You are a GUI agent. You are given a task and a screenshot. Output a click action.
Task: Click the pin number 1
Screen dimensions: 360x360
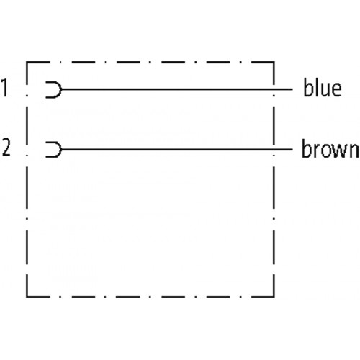(x=5, y=87)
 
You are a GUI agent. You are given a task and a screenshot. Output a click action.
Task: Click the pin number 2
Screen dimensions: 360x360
(x=6, y=147)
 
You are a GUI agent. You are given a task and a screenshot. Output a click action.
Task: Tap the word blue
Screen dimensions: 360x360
(x=323, y=87)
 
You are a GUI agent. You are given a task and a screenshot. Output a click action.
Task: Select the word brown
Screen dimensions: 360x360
(x=330, y=148)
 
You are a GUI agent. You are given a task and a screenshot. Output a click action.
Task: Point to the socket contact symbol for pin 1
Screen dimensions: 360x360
(x=61, y=89)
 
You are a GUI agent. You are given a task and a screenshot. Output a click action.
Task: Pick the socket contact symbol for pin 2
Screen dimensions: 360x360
(x=61, y=150)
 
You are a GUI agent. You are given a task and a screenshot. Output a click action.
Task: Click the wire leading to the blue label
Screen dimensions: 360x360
(x=177, y=89)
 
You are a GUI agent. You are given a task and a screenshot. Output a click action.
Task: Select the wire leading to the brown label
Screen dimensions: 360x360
(x=177, y=150)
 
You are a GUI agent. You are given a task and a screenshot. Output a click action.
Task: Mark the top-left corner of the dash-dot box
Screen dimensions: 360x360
(x=27, y=63)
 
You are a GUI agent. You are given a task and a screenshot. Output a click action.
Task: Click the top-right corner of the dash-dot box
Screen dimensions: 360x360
(x=274, y=63)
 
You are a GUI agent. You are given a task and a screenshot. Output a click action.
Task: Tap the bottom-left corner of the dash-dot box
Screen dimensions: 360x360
(x=27, y=297)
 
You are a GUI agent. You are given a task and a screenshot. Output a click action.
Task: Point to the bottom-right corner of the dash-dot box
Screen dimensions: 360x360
(x=274, y=297)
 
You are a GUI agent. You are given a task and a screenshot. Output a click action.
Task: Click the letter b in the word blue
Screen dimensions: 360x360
(x=308, y=87)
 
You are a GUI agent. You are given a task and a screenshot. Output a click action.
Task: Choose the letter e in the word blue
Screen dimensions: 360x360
(x=336, y=89)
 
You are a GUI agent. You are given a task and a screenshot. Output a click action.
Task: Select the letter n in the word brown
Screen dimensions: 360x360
(x=354, y=150)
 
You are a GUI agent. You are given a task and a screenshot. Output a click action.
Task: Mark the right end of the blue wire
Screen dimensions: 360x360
(x=292, y=89)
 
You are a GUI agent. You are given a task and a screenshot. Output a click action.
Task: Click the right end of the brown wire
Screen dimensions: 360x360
(x=292, y=150)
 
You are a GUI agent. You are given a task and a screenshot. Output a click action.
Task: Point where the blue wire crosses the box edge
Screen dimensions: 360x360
(x=274, y=89)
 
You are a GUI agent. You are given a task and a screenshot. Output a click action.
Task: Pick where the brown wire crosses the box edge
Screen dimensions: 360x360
(x=274, y=150)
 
